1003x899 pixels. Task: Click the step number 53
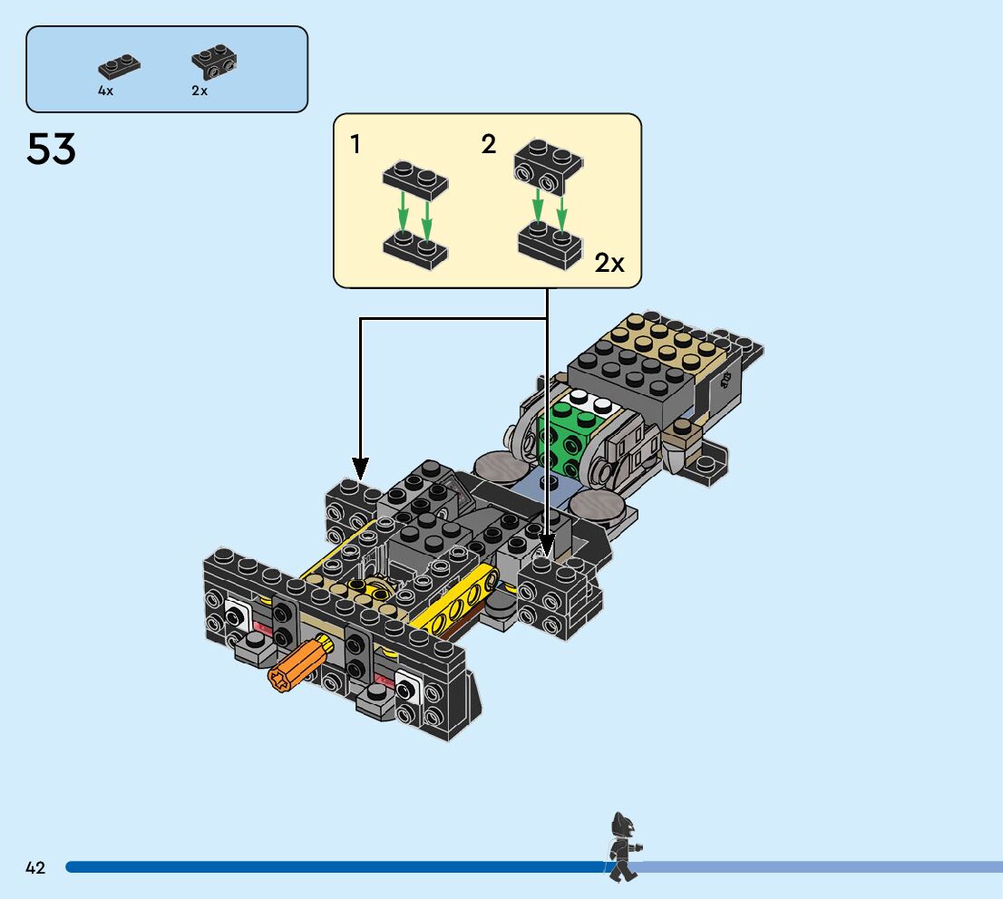click(52, 149)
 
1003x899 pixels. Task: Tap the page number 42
click(35, 867)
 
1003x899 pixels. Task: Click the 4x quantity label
click(106, 92)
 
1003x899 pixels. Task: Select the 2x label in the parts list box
click(200, 92)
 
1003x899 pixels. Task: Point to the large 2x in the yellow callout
click(609, 264)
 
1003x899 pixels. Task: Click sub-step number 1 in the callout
click(356, 143)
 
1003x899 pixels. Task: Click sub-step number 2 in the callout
click(489, 144)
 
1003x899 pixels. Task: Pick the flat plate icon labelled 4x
click(119, 65)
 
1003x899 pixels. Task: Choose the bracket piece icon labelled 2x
click(214, 61)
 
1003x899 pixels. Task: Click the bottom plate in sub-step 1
click(415, 248)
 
